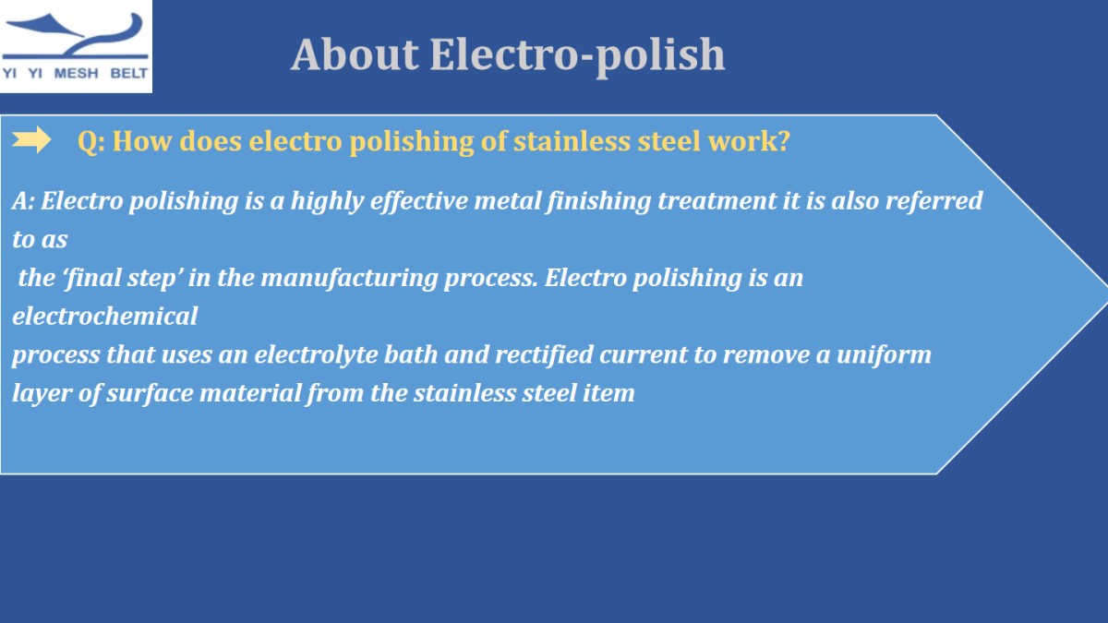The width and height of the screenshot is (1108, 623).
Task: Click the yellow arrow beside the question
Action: (31, 140)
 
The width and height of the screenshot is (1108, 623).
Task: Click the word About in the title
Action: (355, 54)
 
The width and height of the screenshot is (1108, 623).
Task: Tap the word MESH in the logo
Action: (76, 73)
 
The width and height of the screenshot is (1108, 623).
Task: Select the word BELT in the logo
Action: (128, 73)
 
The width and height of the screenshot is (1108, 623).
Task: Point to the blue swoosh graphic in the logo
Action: (75, 36)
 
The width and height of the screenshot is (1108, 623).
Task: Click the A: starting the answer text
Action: (23, 201)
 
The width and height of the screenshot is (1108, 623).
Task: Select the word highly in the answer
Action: (327, 202)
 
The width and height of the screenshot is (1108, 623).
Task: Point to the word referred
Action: (933, 201)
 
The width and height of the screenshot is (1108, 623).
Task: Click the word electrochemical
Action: (105, 316)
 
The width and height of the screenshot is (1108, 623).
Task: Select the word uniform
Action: (884, 355)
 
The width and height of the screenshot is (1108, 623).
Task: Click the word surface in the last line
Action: (150, 393)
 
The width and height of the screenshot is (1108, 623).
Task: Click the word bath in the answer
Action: (411, 355)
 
